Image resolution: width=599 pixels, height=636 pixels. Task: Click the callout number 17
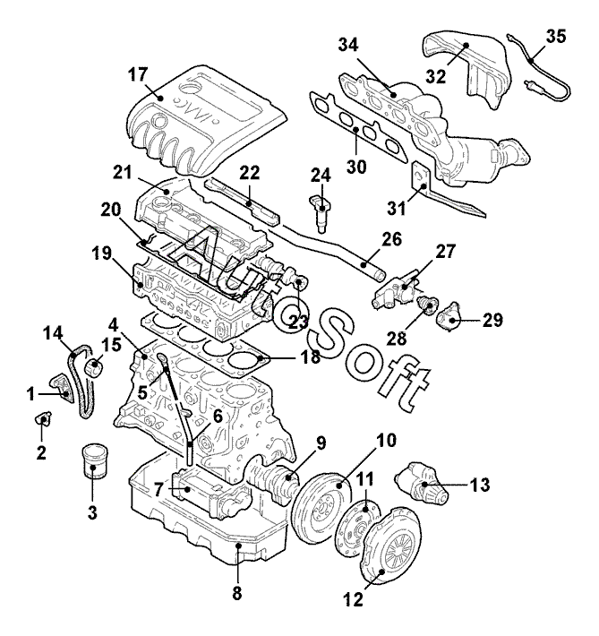(x=138, y=74)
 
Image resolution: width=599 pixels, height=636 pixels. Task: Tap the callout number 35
(x=556, y=37)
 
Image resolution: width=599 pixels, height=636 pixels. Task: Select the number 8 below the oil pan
(x=237, y=593)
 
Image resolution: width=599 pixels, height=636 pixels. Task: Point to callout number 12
(x=353, y=599)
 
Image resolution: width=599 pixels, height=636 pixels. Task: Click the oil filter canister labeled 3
(x=95, y=462)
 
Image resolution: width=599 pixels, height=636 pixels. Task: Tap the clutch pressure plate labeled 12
(x=392, y=546)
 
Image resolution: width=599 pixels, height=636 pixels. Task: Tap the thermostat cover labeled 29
(x=449, y=317)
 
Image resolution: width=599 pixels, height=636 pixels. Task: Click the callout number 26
(x=391, y=239)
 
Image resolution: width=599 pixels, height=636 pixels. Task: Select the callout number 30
(x=356, y=167)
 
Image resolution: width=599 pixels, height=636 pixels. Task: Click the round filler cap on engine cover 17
(x=190, y=89)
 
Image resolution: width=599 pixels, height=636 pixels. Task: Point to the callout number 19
(x=101, y=254)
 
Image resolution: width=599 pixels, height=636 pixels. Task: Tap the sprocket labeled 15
(x=95, y=367)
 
